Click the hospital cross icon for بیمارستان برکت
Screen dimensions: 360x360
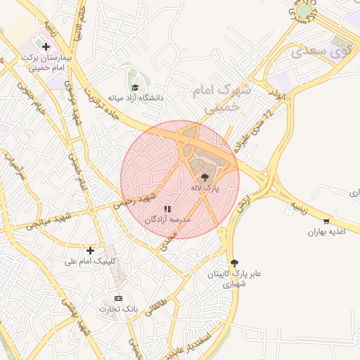pyautogui.click(x=46, y=47)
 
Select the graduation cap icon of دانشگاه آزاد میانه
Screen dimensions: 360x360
pyautogui.click(x=134, y=87)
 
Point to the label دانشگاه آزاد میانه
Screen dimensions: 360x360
pyautogui.click(x=136, y=98)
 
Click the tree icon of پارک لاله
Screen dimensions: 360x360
pyautogui.click(x=205, y=177)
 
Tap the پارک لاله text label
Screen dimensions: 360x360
pyautogui.click(x=205, y=188)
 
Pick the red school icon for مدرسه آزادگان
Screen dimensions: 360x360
pyautogui.click(x=167, y=209)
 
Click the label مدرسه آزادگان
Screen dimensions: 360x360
pyautogui.click(x=168, y=220)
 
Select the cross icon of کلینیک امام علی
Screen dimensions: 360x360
pyautogui.click(x=90, y=250)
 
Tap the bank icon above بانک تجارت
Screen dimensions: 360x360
pyautogui.click(x=117, y=298)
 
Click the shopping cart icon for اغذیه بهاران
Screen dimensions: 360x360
pyautogui.click(x=326, y=221)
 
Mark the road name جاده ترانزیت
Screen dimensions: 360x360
pyautogui.click(x=105, y=104)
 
